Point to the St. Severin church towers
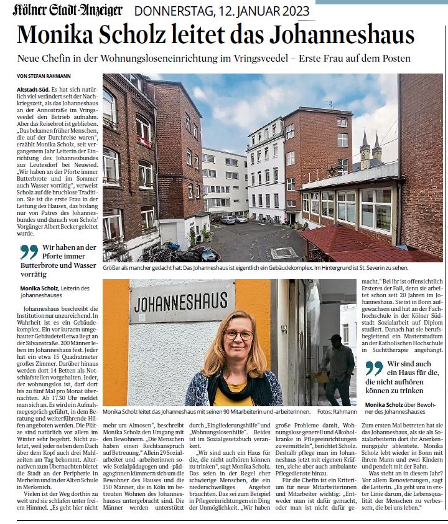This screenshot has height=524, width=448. [x=370, y=150]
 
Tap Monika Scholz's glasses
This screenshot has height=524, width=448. [x=238, y=335]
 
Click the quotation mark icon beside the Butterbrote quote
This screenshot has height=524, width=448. [x=29, y=252]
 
